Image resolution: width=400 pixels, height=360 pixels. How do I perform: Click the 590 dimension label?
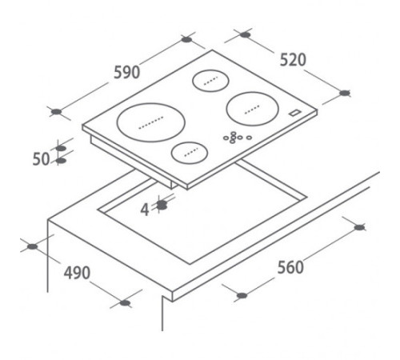(x=126, y=72)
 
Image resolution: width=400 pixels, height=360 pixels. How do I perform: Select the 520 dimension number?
(x=293, y=60)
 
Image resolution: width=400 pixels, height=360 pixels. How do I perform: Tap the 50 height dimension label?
(x=41, y=159)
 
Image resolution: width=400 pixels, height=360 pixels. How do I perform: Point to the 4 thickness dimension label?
(x=145, y=210)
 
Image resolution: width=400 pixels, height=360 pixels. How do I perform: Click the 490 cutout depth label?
(x=77, y=273)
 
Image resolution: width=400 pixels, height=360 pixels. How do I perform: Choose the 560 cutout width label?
(x=290, y=267)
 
